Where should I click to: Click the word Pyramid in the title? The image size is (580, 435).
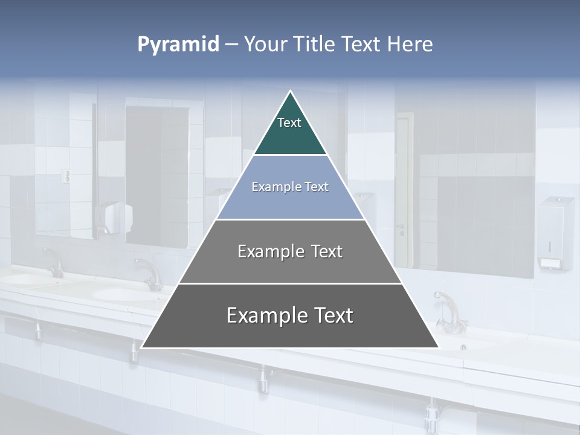click(x=178, y=44)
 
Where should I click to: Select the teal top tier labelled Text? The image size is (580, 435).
click(x=289, y=130)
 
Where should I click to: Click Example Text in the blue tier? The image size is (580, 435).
click(x=290, y=187)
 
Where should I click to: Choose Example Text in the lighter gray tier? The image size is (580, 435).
click(x=290, y=251)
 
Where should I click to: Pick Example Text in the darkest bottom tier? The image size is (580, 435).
click(x=290, y=315)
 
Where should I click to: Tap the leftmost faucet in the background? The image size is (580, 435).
click(x=54, y=263)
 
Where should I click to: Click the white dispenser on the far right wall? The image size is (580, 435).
click(x=555, y=233)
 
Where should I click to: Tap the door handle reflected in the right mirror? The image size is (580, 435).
click(x=401, y=229)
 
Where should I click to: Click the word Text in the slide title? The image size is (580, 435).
click(x=362, y=44)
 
